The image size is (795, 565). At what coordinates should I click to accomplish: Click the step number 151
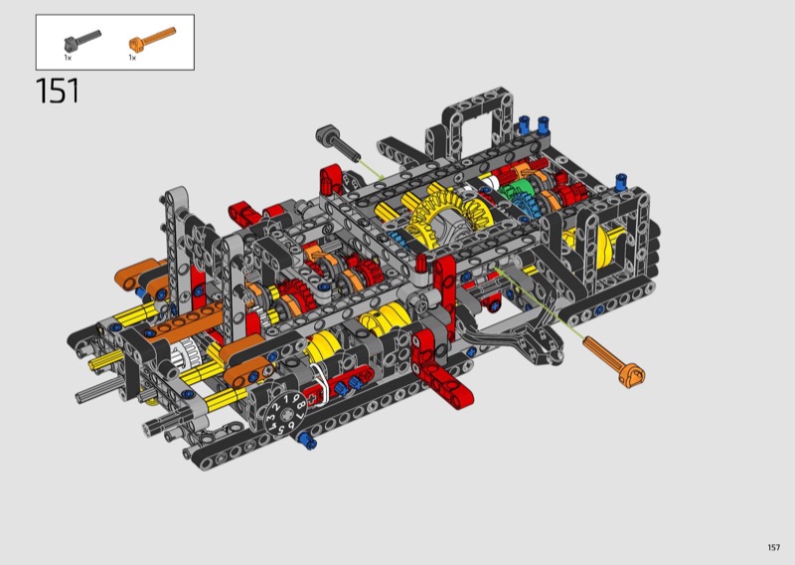tap(58, 92)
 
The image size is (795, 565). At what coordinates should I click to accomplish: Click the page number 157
tap(774, 547)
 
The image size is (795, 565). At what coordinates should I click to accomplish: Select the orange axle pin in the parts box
tap(152, 39)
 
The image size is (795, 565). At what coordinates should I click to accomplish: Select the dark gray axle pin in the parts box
tap(82, 40)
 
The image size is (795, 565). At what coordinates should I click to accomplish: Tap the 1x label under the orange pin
tap(132, 58)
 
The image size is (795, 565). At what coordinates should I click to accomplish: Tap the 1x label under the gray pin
tap(68, 58)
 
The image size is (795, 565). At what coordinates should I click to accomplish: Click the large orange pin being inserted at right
tap(614, 362)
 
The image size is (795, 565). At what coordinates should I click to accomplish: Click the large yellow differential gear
tap(445, 216)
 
